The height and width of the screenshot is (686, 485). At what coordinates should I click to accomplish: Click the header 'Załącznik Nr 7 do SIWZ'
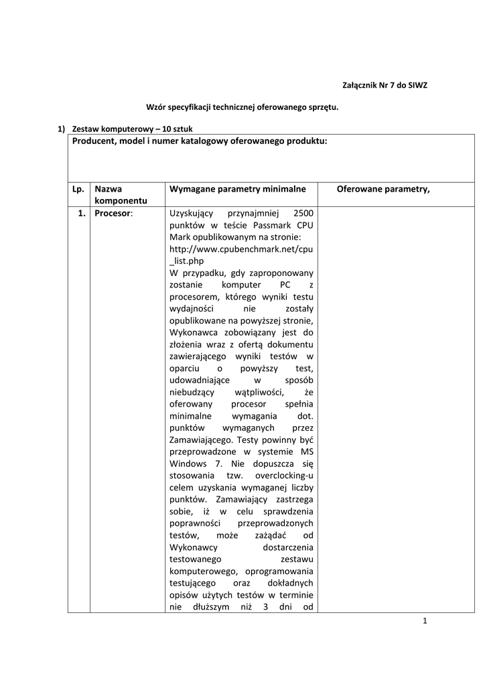point(385,86)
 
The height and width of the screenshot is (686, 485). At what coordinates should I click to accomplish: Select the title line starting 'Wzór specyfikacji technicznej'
point(242,107)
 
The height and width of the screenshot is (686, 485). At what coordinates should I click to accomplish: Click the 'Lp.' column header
point(78,189)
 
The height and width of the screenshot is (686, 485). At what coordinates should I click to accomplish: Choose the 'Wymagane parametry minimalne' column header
point(238,189)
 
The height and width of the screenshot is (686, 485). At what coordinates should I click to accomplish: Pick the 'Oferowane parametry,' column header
point(383,189)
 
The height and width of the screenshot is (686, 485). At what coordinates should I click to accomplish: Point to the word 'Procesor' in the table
point(113,214)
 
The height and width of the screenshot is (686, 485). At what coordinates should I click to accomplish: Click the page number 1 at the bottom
point(425,621)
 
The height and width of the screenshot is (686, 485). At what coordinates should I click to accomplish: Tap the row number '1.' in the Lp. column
point(80,214)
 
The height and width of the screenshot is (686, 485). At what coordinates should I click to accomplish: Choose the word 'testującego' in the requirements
point(195,583)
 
